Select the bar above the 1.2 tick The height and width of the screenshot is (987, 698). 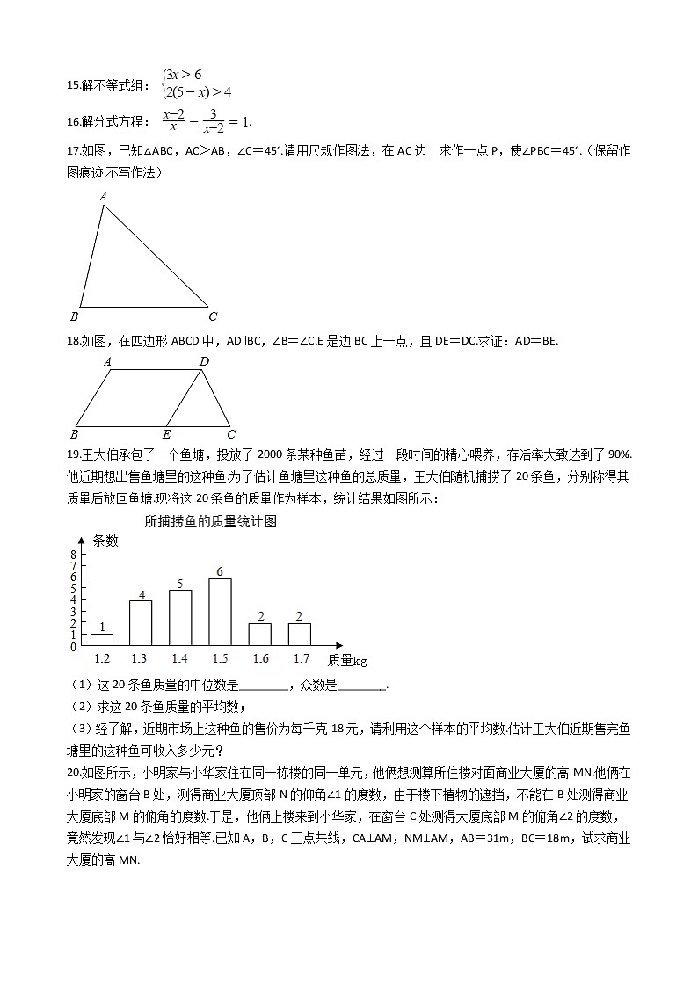[x=101, y=640]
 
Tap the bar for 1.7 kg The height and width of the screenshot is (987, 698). [x=300, y=635]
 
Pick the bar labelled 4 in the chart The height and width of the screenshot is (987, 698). [x=141, y=623]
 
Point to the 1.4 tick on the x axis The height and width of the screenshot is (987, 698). [x=179, y=658]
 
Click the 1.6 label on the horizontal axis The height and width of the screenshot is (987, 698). [x=260, y=658]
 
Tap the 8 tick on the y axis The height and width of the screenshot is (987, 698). [x=74, y=555]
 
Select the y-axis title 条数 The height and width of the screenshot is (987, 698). [x=105, y=541]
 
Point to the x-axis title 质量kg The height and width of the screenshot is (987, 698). [x=347, y=659]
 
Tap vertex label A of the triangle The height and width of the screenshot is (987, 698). [x=103, y=198]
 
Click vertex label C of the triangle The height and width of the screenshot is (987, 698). [x=213, y=317]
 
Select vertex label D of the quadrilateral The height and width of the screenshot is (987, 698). [x=204, y=361]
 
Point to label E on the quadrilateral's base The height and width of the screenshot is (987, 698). [x=166, y=434]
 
